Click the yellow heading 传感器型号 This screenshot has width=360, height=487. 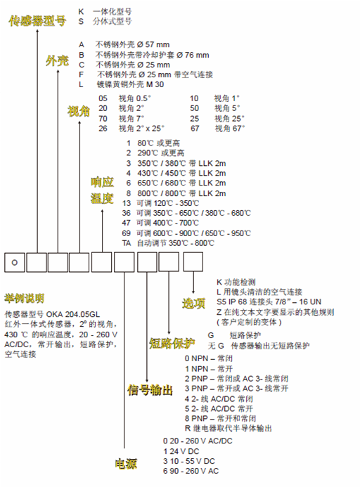pyautogui.click(x=37, y=21)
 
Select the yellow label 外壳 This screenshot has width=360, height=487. pyautogui.click(x=57, y=60)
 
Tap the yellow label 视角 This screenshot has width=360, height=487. pyautogui.click(x=79, y=111)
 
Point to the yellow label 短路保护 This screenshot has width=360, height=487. pyautogui.click(x=172, y=343)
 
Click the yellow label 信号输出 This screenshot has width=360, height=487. pyautogui.click(x=150, y=390)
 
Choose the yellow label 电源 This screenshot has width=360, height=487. pyautogui.click(x=126, y=464)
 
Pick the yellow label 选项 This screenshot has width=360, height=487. pyautogui.click(x=193, y=303)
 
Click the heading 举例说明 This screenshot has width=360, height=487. pyautogui.click(x=24, y=298)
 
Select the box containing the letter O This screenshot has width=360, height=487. pyautogui.click(x=15, y=262)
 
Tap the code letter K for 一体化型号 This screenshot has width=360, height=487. pyautogui.click(x=81, y=12)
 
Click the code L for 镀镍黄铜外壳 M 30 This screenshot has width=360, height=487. pyautogui.click(x=81, y=84)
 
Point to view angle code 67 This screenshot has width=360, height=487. pyautogui.click(x=195, y=129)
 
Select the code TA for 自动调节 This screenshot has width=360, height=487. pyautogui.click(x=127, y=243)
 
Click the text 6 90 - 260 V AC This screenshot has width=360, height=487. pyautogui.click(x=191, y=471)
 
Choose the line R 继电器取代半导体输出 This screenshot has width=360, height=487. pyautogui.click(x=229, y=428)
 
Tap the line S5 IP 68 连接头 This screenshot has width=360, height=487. pyautogui.click(x=269, y=301)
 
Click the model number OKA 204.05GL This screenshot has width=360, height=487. pyautogui.click(x=73, y=314)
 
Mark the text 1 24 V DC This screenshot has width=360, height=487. pyautogui.click(x=181, y=451)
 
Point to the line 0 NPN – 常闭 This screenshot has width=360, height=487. pyautogui.click(x=209, y=358)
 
